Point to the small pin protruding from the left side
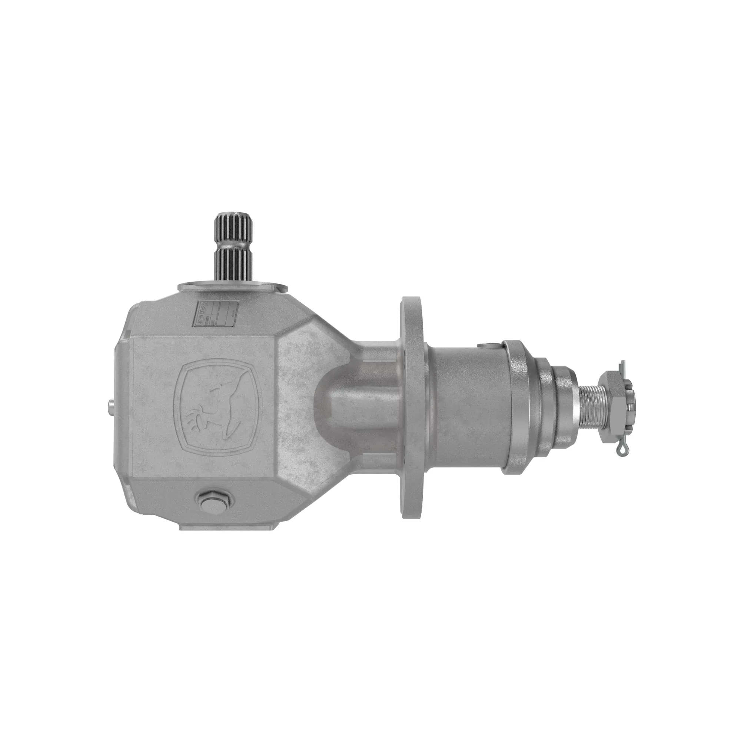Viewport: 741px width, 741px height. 111,406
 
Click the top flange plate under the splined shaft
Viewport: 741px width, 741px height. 232,287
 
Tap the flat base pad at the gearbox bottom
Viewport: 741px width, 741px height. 226,525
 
